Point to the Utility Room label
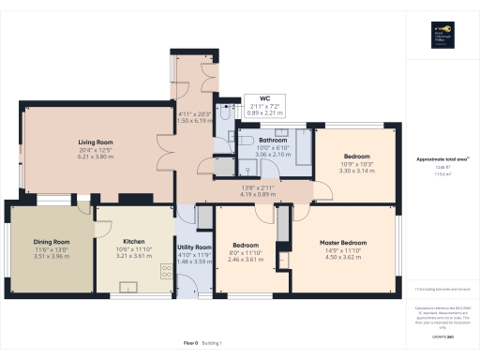tap(196, 247)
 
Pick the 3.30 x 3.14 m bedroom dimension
tap(356, 172)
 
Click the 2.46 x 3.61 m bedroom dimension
tap(246, 259)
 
